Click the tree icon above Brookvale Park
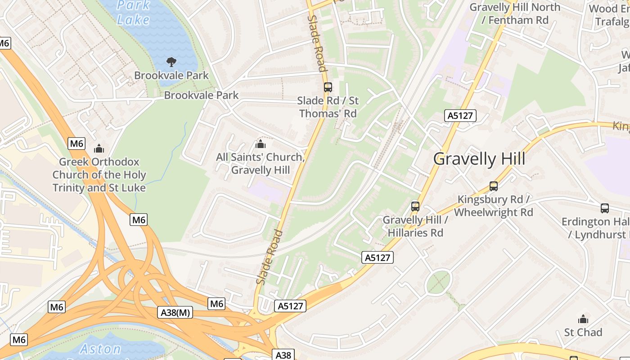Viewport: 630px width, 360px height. (171, 62)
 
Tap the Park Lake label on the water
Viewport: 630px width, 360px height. (133, 13)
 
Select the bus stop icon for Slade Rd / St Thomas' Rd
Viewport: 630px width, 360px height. (328, 87)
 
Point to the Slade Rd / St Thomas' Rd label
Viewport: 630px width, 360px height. (328, 107)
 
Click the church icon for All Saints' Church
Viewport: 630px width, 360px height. (260, 144)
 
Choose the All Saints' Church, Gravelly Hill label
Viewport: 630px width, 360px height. (260, 164)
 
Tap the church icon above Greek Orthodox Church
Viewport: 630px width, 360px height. (99, 148)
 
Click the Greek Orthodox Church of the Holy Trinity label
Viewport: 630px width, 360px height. (99, 175)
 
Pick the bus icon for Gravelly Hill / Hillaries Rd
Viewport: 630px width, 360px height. (415, 207)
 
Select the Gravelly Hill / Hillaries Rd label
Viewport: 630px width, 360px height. (415, 226)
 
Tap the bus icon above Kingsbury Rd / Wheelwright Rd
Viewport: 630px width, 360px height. (494, 186)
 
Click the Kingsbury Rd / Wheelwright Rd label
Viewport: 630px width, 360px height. (494, 206)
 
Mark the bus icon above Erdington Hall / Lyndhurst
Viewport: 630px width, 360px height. (605, 208)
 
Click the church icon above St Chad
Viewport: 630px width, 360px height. (583, 319)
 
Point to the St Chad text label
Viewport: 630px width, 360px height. (583, 333)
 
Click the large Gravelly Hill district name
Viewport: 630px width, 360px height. (479, 159)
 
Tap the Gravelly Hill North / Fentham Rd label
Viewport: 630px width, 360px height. (515, 13)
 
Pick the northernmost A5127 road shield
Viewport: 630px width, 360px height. (460, 116)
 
